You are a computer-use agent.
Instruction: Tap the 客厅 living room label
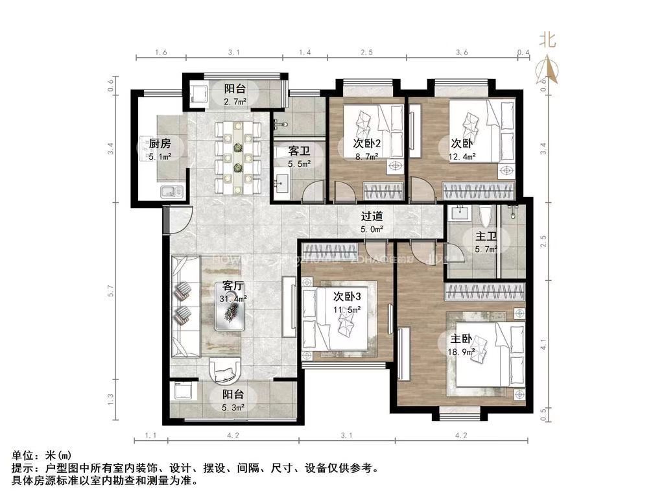[233, 285]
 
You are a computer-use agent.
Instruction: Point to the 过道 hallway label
[372, 217]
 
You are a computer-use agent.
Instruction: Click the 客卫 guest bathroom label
[298, 151]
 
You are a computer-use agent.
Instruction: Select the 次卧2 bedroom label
[366, 143]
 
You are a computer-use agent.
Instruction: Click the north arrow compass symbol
[549, 69]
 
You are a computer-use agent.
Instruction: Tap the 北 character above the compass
[549, 41]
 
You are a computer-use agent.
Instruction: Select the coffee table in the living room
[230, 315]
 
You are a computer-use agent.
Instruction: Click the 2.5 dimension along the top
[367, 52]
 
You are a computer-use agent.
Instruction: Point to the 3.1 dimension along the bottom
[346, 435]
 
